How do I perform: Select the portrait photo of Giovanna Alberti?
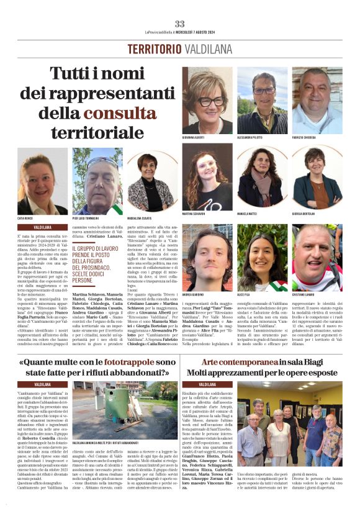pos(207,100)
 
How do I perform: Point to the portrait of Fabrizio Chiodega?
pos(317,100)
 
